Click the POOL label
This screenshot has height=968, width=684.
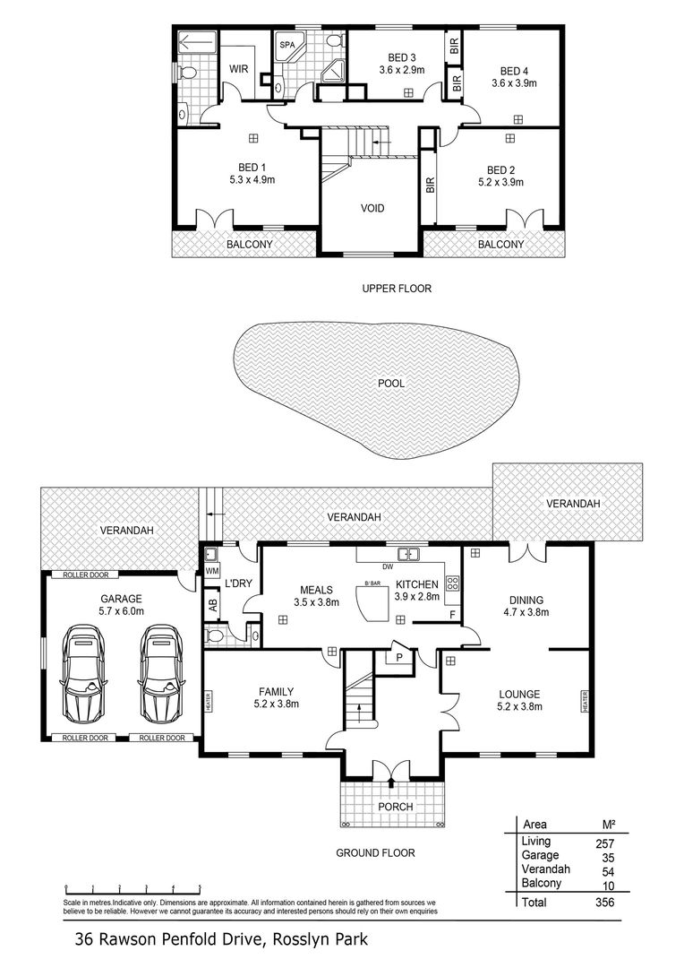391,384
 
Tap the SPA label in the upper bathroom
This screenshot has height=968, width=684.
286,45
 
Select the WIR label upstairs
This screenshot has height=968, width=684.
239,68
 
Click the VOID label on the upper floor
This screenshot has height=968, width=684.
372,208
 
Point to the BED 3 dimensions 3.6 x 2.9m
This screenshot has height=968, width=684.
401,71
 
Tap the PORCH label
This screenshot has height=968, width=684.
396,807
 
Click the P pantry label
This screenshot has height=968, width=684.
399,658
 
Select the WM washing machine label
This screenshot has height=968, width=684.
211,572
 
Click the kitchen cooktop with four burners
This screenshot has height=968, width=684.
453,583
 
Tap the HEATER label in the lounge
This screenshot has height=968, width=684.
584,701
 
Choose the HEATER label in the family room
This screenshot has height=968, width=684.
209,701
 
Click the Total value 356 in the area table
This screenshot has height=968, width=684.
605,902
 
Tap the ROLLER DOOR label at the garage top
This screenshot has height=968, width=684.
86,575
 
